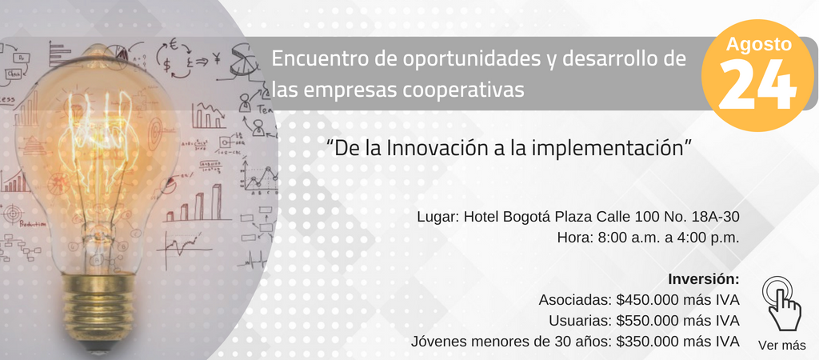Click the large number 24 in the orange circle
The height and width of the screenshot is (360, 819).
pyautogui.click(x=758, y=84)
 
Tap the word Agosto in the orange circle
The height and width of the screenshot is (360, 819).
pyautogui.click(x=758, y=45)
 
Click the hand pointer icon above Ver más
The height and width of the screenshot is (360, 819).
pyautogui.click(x=781, y=303)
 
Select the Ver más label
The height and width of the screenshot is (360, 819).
pyautogui.click(x=782, y=346)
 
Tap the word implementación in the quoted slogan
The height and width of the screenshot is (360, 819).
pyautogui.click(x=609, y=149)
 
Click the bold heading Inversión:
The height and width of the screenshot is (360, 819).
pyautogui.click(x=704, y=279)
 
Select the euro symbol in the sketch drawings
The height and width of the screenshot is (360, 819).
pyautogui.click(x=174, y=46)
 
